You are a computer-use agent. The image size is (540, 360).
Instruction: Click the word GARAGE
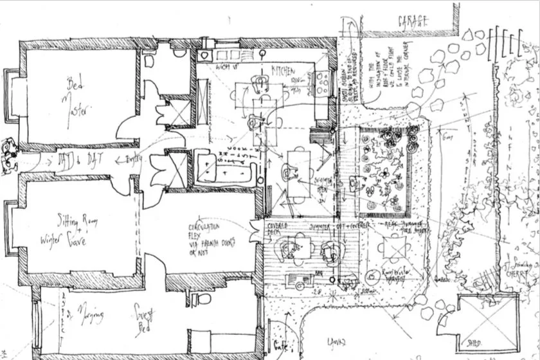click(413, 21)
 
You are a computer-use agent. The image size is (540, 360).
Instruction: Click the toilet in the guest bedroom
click(203, 298)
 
